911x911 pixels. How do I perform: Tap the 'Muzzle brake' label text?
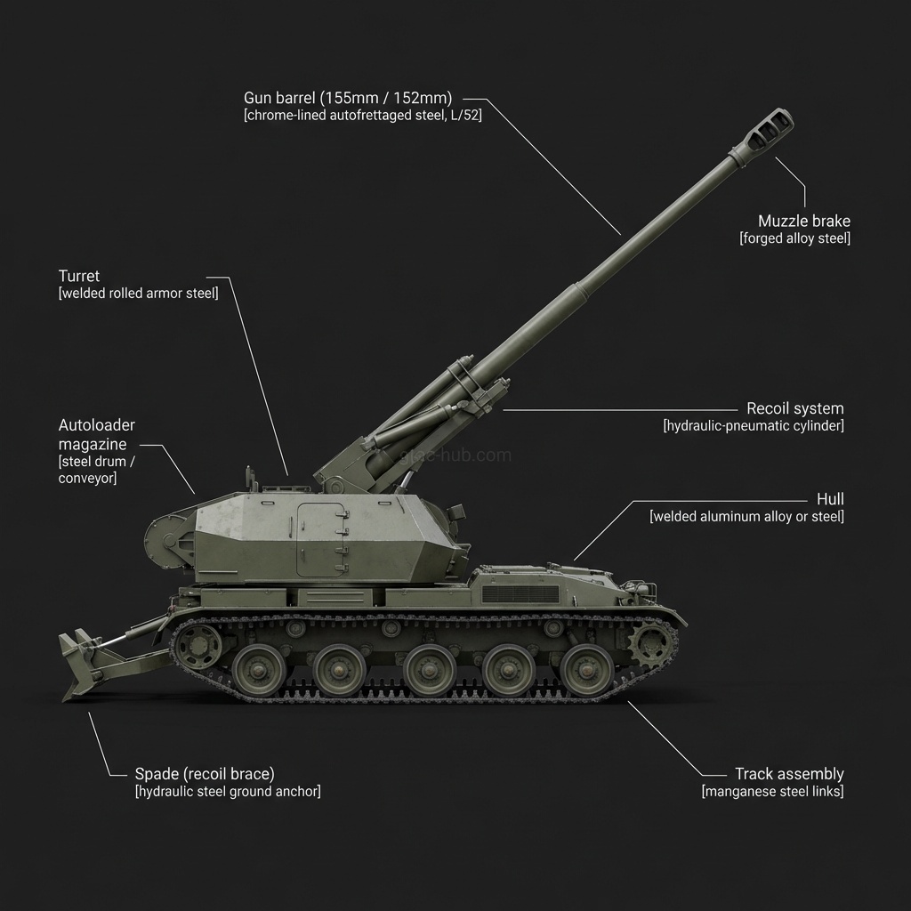pyautogui.click(x=803, y=221)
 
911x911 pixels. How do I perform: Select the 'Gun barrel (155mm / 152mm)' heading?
pyautogui.click(x=348, y=98)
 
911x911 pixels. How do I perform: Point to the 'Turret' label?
pyautogui.click(x=79, y=276)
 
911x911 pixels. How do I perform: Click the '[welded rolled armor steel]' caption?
pyautogui.click(x=138, y=294)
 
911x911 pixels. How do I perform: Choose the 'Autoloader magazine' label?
pyautogui.click(x=97, y=434)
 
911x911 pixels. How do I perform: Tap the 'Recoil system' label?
pyautogui.click(x=794, y=408)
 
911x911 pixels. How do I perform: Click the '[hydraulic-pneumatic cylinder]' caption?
pyautogui.click(x=754, y=426)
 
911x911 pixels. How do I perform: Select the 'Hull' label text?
pyautogui.click(x=830, y=499)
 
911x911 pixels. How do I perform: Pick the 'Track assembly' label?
pyautogui.click(x=788, y=774)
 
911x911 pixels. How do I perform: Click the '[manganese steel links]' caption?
pyautogui.click(x=772, y=792)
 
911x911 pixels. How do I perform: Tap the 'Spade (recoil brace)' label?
pyautogui.click(x=204, y=774)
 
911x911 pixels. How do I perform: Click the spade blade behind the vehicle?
pyautogui.click(x=80, y=663)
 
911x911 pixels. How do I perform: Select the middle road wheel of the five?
pyautogui.click(x=430, y=668)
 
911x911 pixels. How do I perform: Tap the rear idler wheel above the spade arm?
pyautogui.click(x=198, y=645)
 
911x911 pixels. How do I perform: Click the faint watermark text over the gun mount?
pyautogui.click(x=456, y=455)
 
